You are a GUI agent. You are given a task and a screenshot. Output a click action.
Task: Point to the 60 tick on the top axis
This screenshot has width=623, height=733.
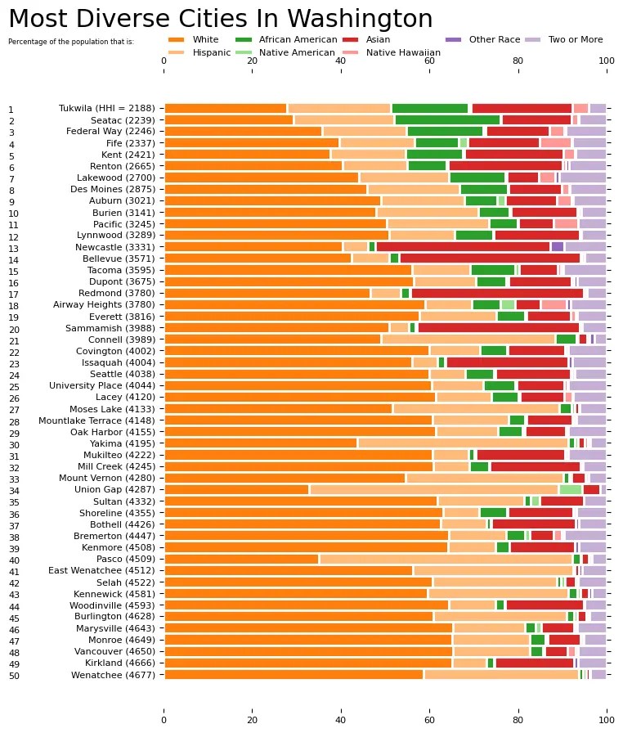coord(429,61)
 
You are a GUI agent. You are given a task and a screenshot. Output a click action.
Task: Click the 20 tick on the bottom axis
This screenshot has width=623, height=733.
coord(253,721)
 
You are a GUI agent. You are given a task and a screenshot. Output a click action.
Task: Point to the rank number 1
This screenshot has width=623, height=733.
coord(11,110)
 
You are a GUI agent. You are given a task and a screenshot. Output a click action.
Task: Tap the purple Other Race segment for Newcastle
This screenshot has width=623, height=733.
coord(557,246)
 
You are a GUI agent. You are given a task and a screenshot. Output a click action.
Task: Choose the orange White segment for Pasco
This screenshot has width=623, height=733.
coord(241,559)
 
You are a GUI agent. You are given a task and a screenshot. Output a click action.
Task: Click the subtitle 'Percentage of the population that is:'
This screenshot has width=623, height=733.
coord(71,41)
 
